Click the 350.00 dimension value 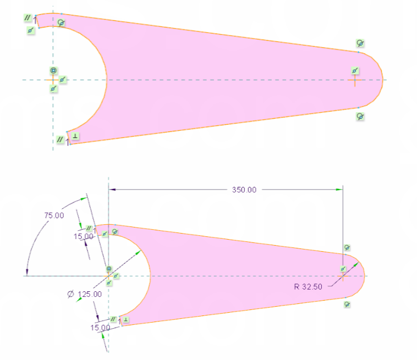pyautogui.click(x=243, y=190)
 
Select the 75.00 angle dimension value pyautogui.click(x=54, y=215)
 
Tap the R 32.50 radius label pyautogui.click(x=310, y=286)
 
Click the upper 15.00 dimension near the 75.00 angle pyautogui.click(x=83, y=236)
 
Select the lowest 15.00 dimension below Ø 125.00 pyautogui.click(x=101, y=328)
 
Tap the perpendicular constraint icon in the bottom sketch pyautogui.click(x=125, y=319)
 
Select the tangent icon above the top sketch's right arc pyautogui.click(x=360, y=43)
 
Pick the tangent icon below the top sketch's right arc pyautogui.click(x=360, y=116)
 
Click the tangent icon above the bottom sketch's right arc pyautogui.click(x=347, y=248)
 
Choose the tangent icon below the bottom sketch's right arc pyautogui.click(x=347, y=304)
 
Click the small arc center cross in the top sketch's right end pyautogui.click(x=355, y=80)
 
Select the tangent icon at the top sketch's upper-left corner pyautogui.click(x=61, y=23)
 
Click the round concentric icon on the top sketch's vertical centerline pyautogui.click(x=53, y=71)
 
